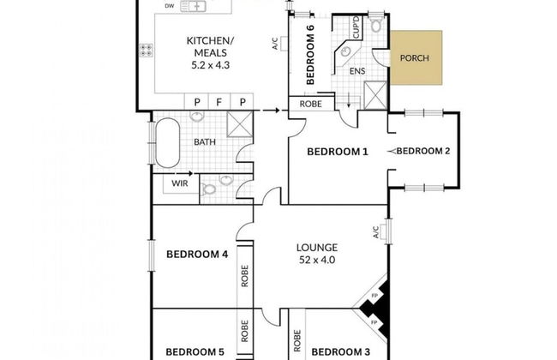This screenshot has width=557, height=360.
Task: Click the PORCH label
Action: coord(414,58)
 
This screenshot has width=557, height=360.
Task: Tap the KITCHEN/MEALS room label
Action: coord(210,46)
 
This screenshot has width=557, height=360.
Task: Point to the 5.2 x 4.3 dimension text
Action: coord(210,65)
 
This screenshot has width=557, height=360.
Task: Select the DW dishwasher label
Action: coord(170,6)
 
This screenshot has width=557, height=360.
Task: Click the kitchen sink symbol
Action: coord(194,6)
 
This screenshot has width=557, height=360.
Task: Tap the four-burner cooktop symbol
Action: coord(146,50)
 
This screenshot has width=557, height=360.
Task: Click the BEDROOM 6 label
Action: coord(310,54)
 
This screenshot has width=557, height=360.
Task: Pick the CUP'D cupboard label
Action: coord(356,27)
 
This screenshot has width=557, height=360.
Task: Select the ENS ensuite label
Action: coord(357,71)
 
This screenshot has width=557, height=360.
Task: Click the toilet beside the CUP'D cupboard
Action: coord(375,23)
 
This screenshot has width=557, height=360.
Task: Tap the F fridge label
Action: coord(219,102)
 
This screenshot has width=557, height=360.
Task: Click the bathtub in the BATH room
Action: coord(168,142)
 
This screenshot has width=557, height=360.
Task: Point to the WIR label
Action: coord(180,183)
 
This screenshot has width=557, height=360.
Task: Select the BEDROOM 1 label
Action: coord(338,152)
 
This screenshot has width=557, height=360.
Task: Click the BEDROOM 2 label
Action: coord(423,151)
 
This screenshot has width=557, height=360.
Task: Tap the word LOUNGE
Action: coord(317,248)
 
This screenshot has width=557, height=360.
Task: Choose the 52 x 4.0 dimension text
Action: coord(317,260)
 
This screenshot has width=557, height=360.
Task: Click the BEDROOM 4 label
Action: coord(197,255)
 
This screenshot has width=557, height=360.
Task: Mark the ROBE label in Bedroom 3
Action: coord(297,341)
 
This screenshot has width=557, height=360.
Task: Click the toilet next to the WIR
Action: coord(209,189)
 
